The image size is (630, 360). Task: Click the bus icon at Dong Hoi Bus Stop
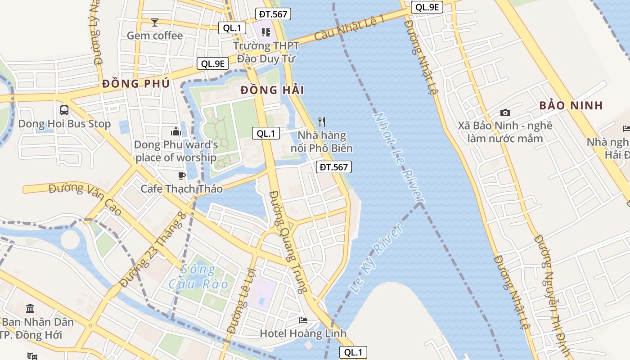pyautogui.click(x=64, y=110)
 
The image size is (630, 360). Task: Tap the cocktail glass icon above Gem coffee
pyautogui.click(x=155, y=22)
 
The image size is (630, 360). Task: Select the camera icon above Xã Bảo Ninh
pyautogui.click(x=505, y=112)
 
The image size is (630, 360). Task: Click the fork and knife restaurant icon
pyautogui.click(x=322, y=121)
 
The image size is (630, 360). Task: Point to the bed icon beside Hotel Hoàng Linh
pyautogui.click(x=303, y=320)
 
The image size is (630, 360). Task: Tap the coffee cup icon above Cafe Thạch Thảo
pyautogui.click(x=181, y=175)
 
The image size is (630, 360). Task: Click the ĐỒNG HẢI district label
pyautogui.click(x=272, y=90)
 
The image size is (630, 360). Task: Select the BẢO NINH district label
pyautogui.click(x=571, y=106)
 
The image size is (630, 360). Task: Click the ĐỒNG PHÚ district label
pyautogui.click(x=136, y=84)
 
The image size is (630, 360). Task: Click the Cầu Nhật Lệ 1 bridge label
pyautogui.click(x=350, y=27)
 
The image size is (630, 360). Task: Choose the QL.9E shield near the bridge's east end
pyautogui.click(x=427, y=7)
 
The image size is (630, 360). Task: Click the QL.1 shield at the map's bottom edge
pyautogui.click(x=353, y=352)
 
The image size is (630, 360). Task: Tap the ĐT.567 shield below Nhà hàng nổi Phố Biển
pyautogui.click(x=333, y=167)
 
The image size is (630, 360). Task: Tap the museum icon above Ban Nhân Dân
pyautogui.click(x=31, y=309)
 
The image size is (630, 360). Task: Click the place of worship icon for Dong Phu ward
pyautogui.click(x=176, y=131)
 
